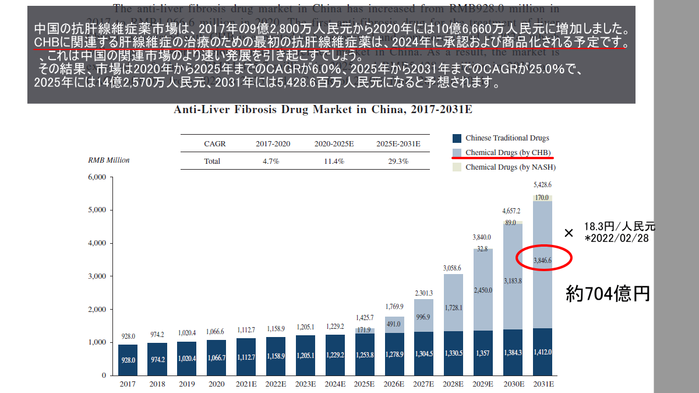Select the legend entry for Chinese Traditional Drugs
point(507,138)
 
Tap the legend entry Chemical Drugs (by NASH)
point(510,167)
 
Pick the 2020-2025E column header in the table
point(334,143)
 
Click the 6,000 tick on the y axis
point(96,177)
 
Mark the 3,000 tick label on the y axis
point(96,276)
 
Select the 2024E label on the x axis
point(335,384)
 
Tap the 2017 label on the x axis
point(128,384)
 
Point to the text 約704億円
point(608,293)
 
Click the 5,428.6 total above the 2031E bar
point(542,185)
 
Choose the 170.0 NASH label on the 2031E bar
point(542,198)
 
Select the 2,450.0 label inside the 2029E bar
point(483,290)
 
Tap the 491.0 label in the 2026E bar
point(394,324)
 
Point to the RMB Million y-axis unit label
point(109,160)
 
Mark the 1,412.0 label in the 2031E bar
point(542,353)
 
